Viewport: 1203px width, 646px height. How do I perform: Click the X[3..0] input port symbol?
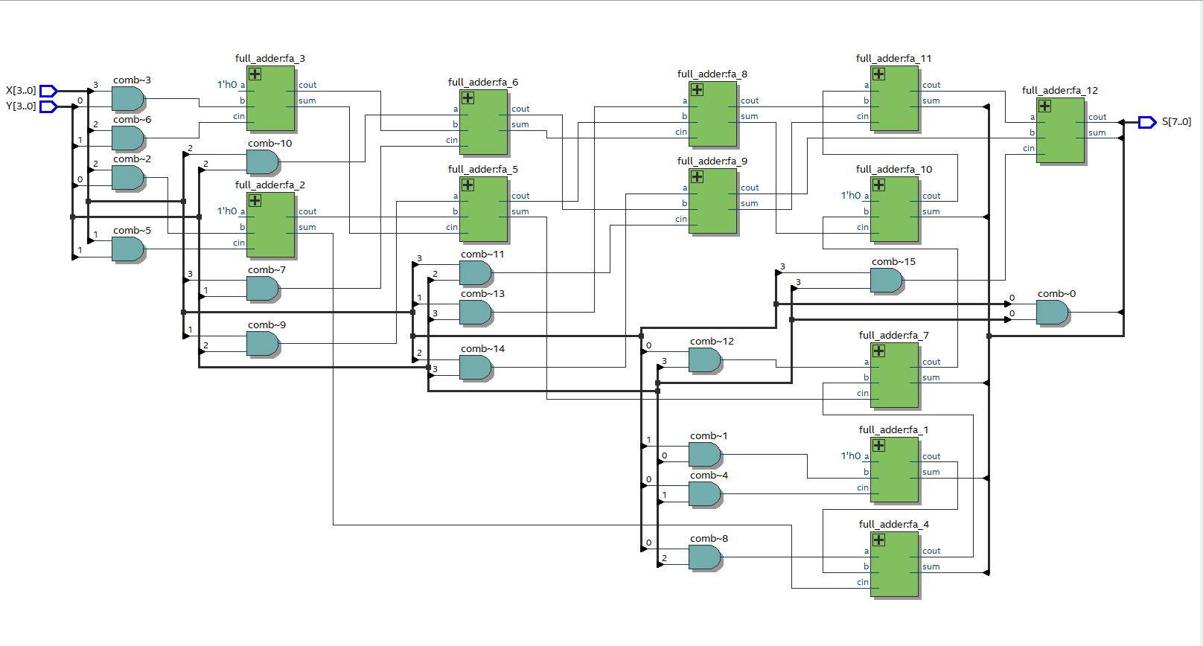[x=48, y=91]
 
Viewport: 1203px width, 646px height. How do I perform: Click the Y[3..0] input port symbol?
[x=48, y=106]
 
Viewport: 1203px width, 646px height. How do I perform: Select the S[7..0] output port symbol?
[x=1147, y=122]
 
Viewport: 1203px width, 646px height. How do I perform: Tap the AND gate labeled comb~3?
[x=127, y=98]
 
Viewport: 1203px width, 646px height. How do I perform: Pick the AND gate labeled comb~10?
[x=262, y=161]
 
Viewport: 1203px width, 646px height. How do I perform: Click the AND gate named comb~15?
[x=886, y=280]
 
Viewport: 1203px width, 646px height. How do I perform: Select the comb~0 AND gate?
[x=1052, y=312]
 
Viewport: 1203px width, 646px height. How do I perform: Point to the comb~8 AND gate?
[x=704, y=557]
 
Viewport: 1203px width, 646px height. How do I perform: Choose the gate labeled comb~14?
[x=475, y=367]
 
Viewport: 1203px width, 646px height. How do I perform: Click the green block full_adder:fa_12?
[x=1061, y=130]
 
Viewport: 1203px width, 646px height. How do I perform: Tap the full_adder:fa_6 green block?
[x=484, y=122]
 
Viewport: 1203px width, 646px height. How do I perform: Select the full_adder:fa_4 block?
[x=894, y=564]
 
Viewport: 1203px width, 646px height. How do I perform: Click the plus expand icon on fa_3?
[x=255, y=74]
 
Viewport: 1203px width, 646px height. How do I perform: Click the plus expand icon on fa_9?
[x=697, y=177]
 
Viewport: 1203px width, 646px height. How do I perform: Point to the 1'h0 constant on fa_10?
[x=851, y=196]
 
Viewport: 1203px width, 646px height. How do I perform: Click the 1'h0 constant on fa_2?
[x=227, y=211]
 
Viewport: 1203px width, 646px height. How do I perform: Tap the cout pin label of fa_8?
[x=750, y=100]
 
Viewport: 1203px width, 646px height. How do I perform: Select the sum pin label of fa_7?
[x=931, y=377]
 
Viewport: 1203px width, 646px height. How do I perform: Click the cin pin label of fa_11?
[x=862, y=116]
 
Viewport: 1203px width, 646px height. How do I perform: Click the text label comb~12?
[x=712, y=342]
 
